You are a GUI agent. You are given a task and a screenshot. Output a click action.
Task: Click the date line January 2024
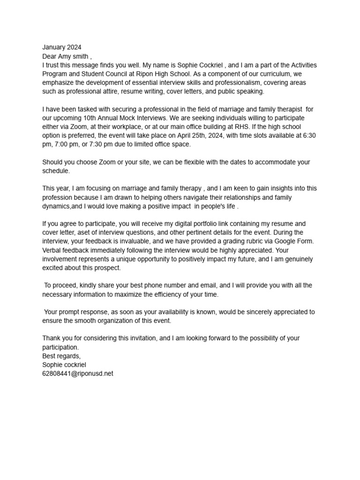[61, 47]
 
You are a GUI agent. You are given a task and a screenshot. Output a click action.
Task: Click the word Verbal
[52, 250]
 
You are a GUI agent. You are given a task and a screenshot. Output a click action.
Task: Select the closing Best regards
[61, 356]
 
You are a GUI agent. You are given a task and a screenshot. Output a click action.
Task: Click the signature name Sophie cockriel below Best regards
[64, 364]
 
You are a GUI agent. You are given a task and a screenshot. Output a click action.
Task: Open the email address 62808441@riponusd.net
[78, 373]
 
